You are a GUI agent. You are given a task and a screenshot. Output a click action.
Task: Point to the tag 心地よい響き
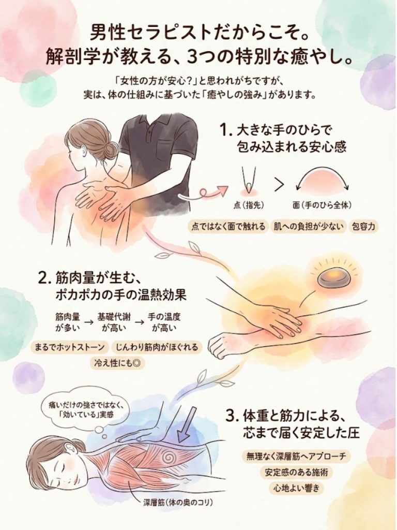(294, 488)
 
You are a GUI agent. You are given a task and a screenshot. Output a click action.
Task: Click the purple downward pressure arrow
(185, 424)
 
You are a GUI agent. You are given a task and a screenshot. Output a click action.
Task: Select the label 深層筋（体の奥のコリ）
(178, 503)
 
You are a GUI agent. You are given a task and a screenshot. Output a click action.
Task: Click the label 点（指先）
(249, 205)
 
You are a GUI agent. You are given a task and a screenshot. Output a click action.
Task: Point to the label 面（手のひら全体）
(322, 205)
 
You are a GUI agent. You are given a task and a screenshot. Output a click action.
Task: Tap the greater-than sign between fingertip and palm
(279, 185)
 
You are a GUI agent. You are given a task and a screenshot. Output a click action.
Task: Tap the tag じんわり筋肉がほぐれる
(157, 347)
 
